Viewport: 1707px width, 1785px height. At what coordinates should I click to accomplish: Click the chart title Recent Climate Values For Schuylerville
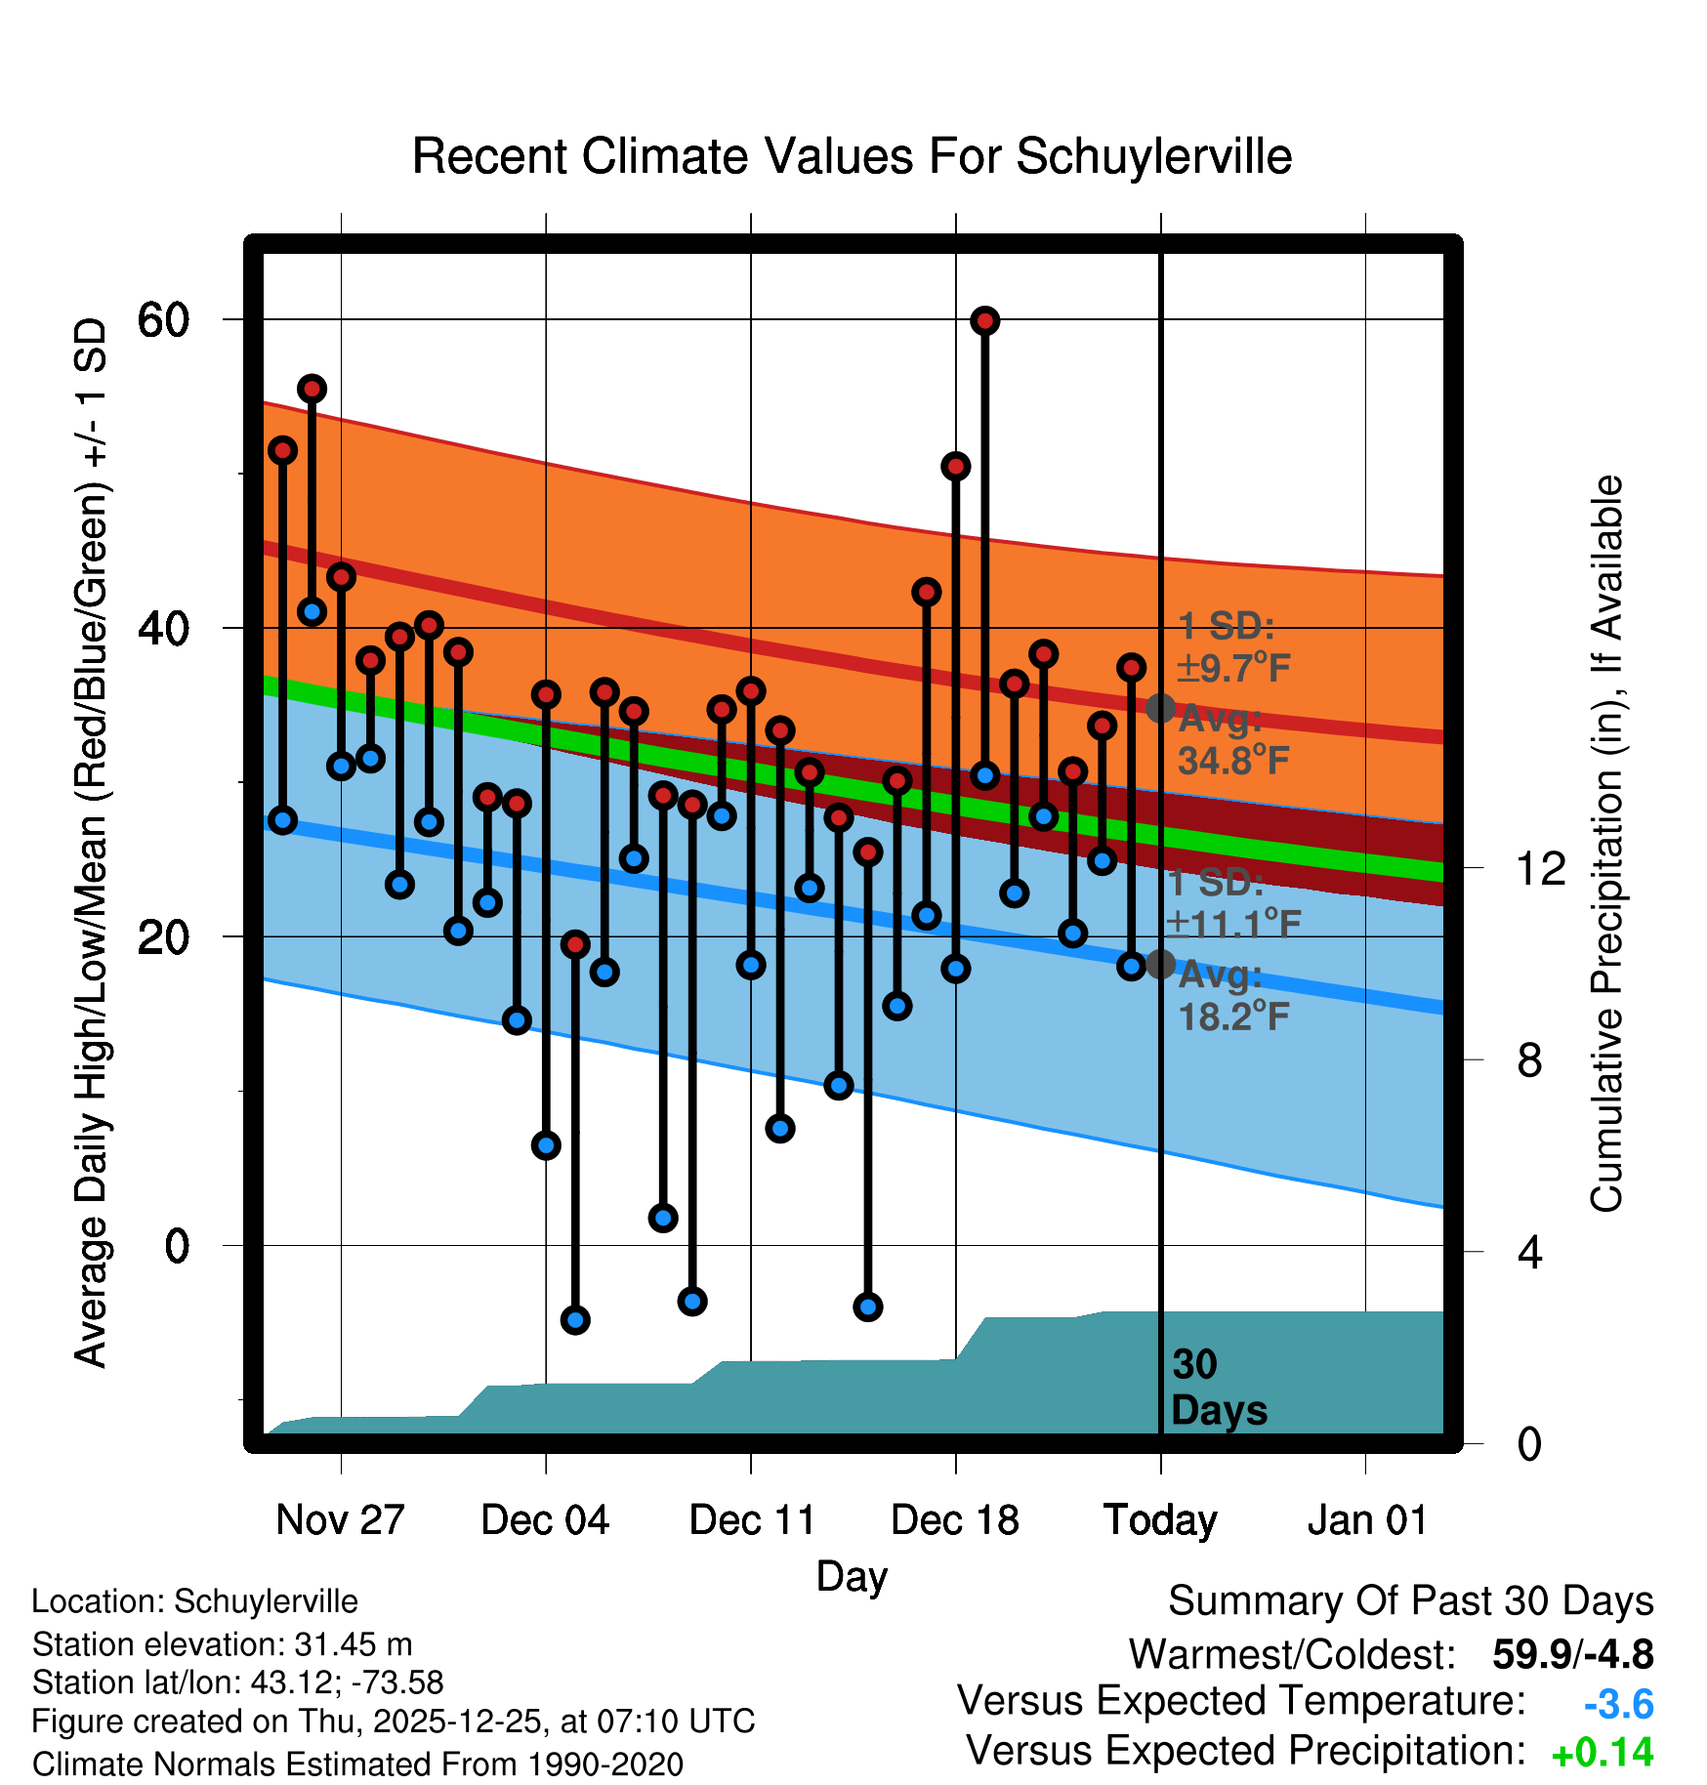[852, 156]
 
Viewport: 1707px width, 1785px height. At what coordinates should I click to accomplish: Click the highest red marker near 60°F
[984, 320]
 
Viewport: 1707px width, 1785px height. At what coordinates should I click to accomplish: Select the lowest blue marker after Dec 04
[575, 1320]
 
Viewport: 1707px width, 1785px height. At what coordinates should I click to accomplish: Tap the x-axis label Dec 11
[752, 1519]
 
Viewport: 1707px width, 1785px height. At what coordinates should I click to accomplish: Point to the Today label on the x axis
[1160, 1519]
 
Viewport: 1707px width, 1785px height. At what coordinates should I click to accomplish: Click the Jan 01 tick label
[1366, 1519]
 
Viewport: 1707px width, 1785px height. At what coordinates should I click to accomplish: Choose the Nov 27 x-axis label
[340, 1519]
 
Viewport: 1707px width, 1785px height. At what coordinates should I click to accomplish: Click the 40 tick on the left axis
[163, 628]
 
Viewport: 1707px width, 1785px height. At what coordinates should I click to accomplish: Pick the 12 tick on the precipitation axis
[1541, 867]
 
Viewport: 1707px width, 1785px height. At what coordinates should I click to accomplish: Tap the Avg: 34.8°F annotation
[1232, 739]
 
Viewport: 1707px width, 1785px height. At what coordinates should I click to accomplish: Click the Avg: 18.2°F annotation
[1232, 996]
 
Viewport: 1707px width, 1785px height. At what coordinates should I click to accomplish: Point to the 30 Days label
[1218, 1388]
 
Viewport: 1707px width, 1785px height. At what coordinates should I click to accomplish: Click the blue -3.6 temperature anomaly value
[1618, 1704]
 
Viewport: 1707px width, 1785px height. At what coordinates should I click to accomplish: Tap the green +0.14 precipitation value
[1602, 1753]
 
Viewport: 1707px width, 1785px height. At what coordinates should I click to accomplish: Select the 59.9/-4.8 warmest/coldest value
[1572, 1654]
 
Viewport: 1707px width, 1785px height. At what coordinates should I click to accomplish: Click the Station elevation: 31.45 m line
[222, 1644]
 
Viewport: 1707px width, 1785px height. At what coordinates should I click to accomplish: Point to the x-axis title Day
[852, 1576]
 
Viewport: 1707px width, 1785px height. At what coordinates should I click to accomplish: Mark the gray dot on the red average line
[1160, 708]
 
